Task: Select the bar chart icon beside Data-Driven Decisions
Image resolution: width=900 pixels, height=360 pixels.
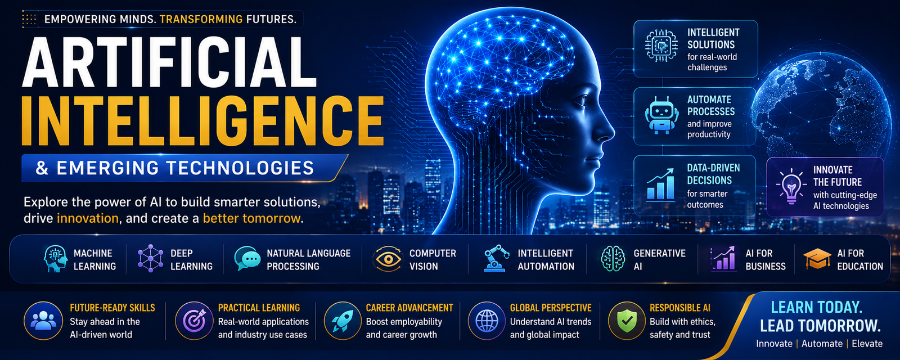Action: click(660, 185)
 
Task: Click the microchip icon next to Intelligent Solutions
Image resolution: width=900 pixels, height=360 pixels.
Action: click(661, 46)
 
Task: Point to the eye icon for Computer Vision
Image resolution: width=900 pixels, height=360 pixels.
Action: click(388, 259)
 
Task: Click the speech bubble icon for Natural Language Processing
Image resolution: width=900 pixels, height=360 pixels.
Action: click(247, 258)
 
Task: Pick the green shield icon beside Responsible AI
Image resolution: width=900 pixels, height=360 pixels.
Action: click(627, 321)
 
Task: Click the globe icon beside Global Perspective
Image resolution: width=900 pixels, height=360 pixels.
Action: click(487, 321)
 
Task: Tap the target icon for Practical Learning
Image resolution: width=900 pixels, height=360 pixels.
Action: click(194, 321)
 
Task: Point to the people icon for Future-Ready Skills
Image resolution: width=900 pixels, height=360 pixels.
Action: click(43, 321)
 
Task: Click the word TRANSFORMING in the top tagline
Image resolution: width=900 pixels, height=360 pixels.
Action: click(201, 19)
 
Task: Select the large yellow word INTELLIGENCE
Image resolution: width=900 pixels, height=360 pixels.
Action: click(202, 120)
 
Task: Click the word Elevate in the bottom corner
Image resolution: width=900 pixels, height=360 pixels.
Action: click(867, 344)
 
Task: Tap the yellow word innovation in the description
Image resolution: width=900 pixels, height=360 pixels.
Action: click(88, 218)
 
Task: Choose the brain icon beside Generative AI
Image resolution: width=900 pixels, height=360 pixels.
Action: click(613, 258)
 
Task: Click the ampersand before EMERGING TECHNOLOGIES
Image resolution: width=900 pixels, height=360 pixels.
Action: click(42, 168)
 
